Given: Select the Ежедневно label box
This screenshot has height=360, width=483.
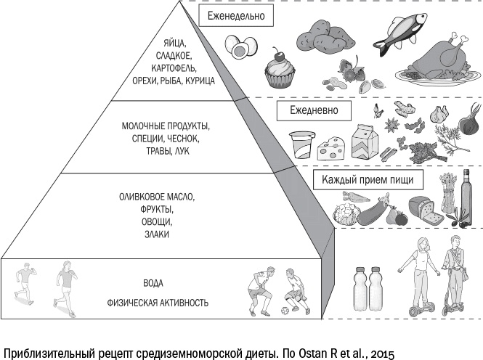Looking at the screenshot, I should click(x=314, y=112).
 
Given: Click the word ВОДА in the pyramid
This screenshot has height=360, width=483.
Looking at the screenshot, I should click(x=153, y=283).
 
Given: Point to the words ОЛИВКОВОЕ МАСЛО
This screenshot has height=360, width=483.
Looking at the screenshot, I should click(x=158, y=197).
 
